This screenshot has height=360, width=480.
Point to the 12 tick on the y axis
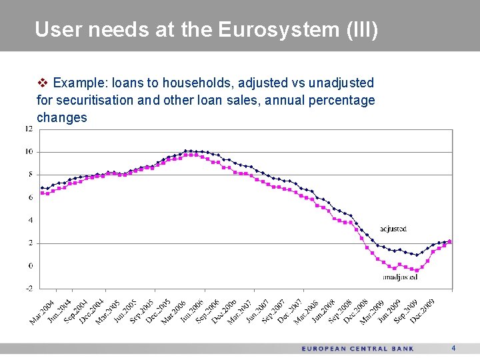(x=29, y=129)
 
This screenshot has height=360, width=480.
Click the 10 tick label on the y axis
(x=29, y=152)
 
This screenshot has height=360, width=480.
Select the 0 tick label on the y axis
(x=30, y=266)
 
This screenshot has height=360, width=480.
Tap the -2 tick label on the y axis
(x=29, y=289)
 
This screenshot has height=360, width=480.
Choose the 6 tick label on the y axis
(x=30, y=197)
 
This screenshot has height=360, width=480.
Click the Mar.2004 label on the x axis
(x=42, y=312)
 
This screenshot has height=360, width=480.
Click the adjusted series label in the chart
(x=393, y=229)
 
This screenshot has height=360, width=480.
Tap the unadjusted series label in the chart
(x=400, y=276)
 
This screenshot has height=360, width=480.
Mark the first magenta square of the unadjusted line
(x=42, y=193)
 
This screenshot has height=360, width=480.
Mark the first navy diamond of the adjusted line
(x=42, y=187)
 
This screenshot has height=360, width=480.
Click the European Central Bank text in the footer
(x=357, y=349)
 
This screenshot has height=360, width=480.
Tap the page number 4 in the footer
(x=453, y=348)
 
